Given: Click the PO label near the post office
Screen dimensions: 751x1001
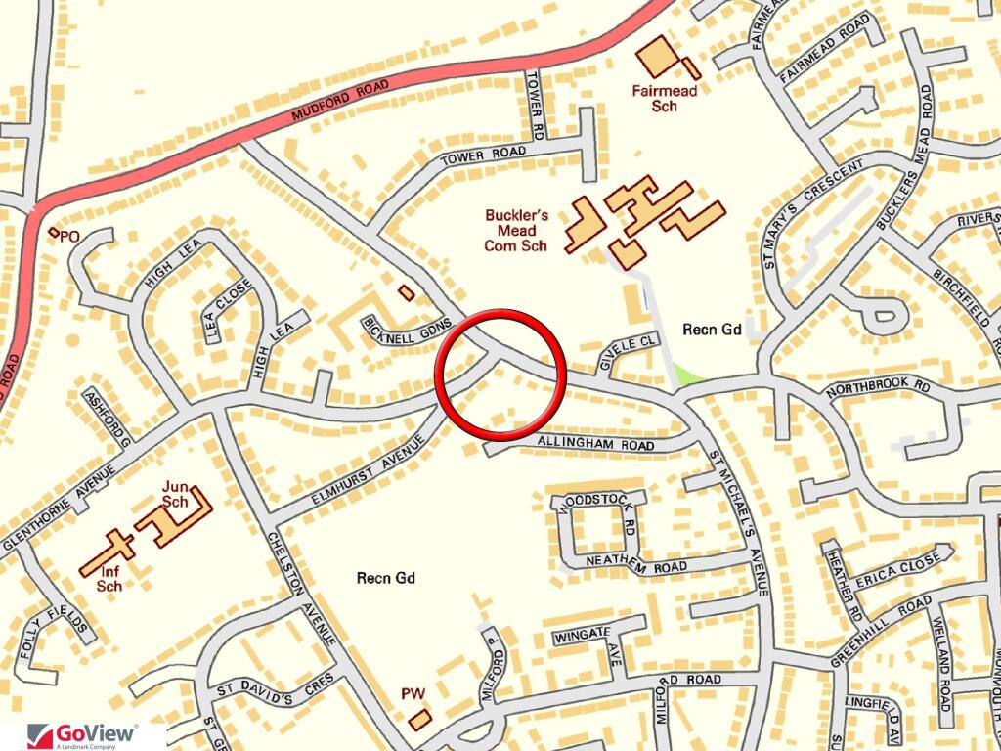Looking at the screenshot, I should coord(68,237).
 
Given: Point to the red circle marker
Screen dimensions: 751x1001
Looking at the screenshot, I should coord(500,374).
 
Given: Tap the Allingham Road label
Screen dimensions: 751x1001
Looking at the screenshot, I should coord(594,444).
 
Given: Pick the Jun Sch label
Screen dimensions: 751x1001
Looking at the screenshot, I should coord(175,494).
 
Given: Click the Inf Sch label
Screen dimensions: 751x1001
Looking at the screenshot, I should coord(109,579).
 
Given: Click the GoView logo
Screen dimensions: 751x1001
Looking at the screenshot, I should coord(83,734).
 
